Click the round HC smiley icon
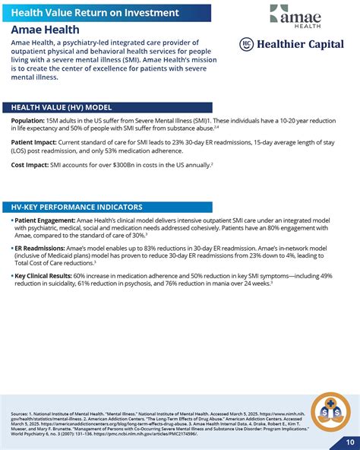tap(246, 45)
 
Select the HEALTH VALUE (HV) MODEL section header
tap(62, 107)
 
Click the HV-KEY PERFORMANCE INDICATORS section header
tap(77, 207)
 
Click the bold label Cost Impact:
tap(30, 164)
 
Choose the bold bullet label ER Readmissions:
tap(40, 248)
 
